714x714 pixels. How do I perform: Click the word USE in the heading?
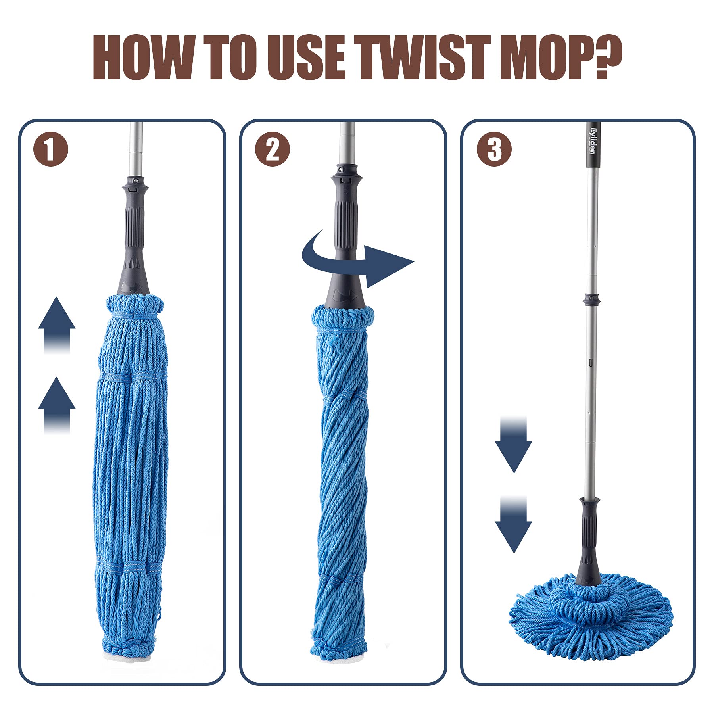pos(305,58)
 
